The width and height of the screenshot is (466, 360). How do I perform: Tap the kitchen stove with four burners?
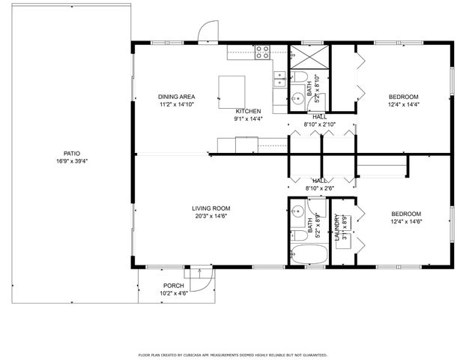point(262,52)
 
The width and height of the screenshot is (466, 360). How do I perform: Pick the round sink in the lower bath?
point(296,211)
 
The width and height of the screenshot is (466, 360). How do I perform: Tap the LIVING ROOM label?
point(211,208)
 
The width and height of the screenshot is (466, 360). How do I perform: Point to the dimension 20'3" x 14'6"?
point(211,217)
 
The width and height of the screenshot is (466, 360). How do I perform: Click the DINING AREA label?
point(176,97)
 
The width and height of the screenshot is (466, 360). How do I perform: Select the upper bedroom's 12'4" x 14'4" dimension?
point(403,105)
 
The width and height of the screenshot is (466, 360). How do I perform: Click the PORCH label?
point(174,286)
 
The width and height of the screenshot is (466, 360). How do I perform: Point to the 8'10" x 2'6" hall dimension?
point(320,189)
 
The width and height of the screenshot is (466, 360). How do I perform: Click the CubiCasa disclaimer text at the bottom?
point(232,353)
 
